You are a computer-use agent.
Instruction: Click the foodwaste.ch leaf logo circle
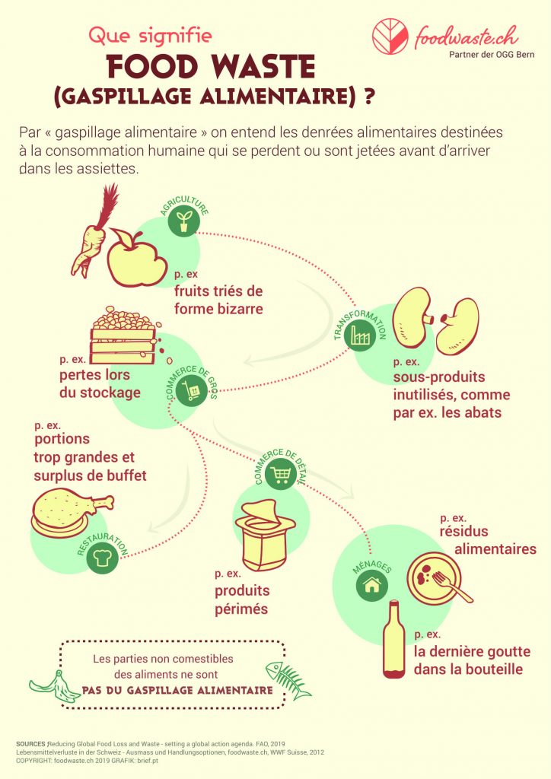point(390,37)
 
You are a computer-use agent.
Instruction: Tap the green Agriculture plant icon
point(184,221)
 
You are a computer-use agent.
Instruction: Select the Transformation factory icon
point(360,334)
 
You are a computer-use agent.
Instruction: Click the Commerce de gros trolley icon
point(191,392)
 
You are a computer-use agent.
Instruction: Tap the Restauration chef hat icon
point(102,558)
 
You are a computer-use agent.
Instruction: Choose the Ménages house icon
point(371,585)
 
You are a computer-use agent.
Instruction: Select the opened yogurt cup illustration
point(264,535)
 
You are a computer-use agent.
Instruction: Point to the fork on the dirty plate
point(451,587)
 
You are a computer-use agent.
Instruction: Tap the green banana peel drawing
point(55,687)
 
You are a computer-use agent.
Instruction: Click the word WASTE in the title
point(264,68)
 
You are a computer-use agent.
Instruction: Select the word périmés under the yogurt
point(241,609)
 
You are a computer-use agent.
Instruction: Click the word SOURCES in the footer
point(31,744)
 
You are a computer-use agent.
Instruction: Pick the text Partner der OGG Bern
point(492,55)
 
